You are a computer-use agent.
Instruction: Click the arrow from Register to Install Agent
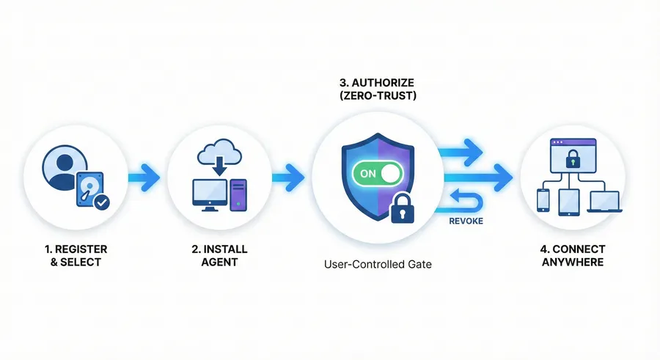(144, 176)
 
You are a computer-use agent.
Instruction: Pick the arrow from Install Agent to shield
(287, 176)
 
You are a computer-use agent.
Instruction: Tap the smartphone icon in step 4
(543, 199)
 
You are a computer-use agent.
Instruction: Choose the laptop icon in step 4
(604, 199)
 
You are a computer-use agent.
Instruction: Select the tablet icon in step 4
(571, 202)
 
